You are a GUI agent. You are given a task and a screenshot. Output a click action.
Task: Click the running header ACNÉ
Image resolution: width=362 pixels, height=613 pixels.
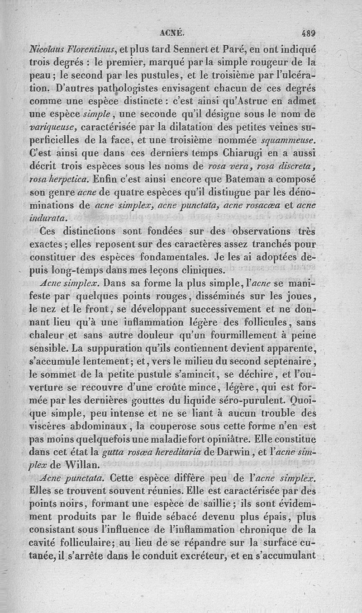(x=172, y=33)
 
